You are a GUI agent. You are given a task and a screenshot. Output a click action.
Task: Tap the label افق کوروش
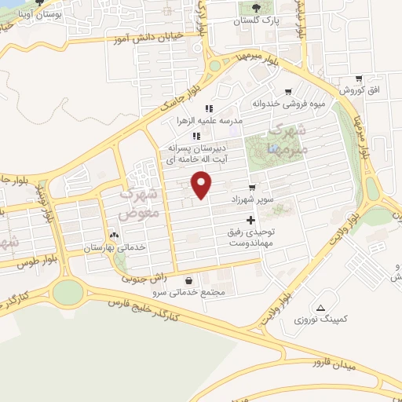tap(362, 90)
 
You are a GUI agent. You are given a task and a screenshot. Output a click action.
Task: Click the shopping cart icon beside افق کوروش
tap(358, 78)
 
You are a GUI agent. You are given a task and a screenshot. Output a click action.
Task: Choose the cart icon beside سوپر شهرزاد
tap(251, 188)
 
